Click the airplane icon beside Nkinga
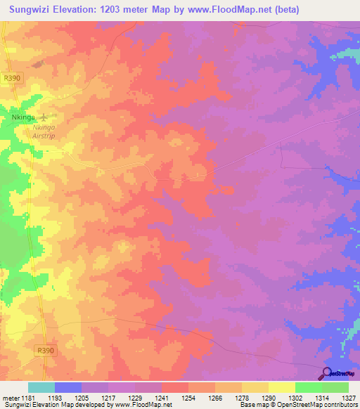(46, 117)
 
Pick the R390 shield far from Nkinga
(45, 350)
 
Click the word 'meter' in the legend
(10, 398)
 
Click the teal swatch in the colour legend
(41, 387)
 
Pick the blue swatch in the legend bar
(68, 387)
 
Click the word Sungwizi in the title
(30, 10)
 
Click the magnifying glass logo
(327, 373)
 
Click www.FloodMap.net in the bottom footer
(145, 405)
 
